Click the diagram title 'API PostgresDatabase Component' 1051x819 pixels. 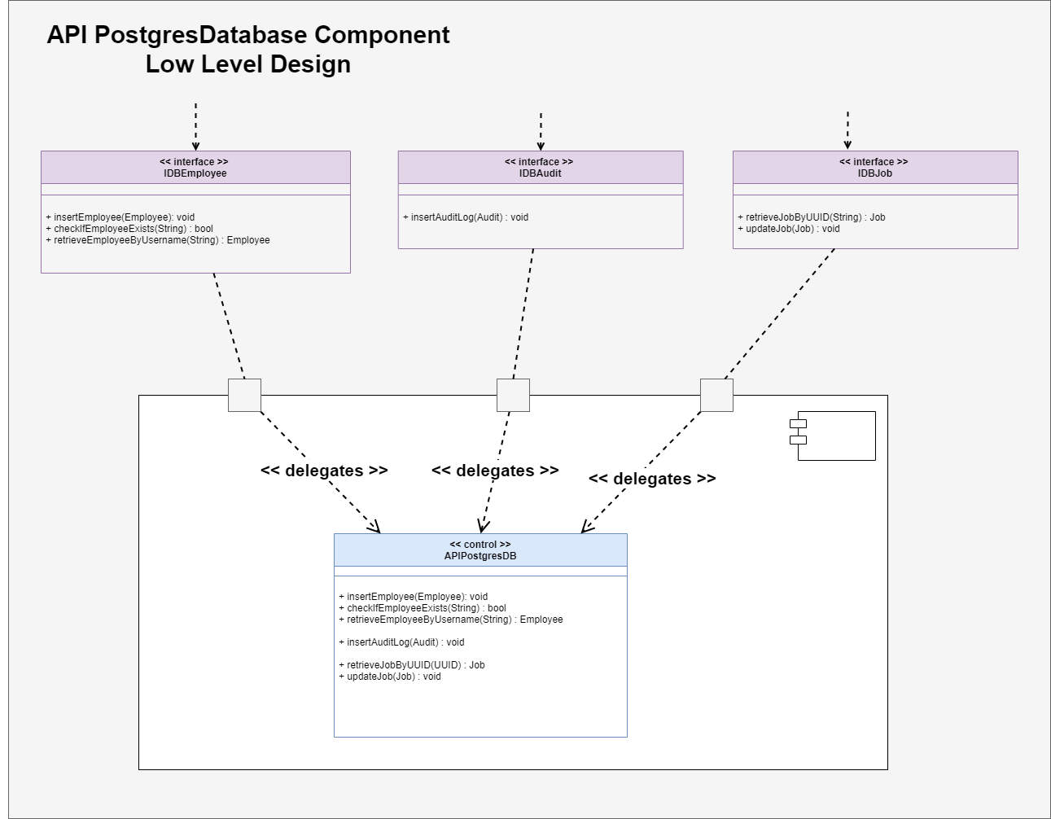[247, 35]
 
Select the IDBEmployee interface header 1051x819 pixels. [195, 168]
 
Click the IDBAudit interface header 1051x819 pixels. [540, 168]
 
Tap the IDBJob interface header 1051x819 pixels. [874, 168]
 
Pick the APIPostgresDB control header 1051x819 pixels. [480, 550]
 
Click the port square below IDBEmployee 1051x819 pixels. [244, 395]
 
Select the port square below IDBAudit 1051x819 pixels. [513, 395]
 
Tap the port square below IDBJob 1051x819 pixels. [716, 395]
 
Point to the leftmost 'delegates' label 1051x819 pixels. [324, 471]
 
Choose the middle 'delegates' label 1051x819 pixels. [495, 471]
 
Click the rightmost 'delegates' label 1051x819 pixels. [652, 479]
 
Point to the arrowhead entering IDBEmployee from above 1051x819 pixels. [195, 146]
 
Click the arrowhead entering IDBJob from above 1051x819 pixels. [847, 145]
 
